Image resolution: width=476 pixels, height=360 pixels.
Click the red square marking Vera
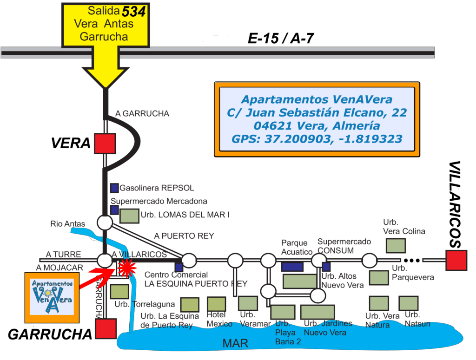pos(105,144)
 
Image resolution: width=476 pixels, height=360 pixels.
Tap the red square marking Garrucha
pos(106,328)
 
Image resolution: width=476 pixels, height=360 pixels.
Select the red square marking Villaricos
pos(456,260)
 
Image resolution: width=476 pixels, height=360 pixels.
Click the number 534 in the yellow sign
pos(133,12)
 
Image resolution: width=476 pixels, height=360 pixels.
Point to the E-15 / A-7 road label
pos(281,38)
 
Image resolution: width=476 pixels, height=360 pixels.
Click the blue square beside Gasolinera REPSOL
pos(114,188)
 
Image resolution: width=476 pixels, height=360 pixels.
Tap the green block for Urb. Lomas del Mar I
pos(129,216)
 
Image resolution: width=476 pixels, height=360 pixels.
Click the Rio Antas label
pos(68,224)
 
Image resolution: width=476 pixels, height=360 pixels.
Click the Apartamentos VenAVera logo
pos(52,298)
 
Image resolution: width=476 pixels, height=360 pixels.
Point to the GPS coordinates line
pos(317,139)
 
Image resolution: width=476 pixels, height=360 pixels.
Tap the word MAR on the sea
pos(235,343)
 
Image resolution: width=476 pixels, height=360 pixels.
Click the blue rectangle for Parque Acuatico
pos(292,267)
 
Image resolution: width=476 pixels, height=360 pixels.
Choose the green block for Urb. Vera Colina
pos(396,246)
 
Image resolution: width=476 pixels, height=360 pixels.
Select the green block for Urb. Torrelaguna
pos(119,291)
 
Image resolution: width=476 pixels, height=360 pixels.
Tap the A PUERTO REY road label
pos(184,236)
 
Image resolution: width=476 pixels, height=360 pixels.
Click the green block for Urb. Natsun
pos(409,303)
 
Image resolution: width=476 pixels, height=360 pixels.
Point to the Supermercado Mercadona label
pos(159,202)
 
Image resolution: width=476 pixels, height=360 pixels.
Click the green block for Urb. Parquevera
pos(379,278)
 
